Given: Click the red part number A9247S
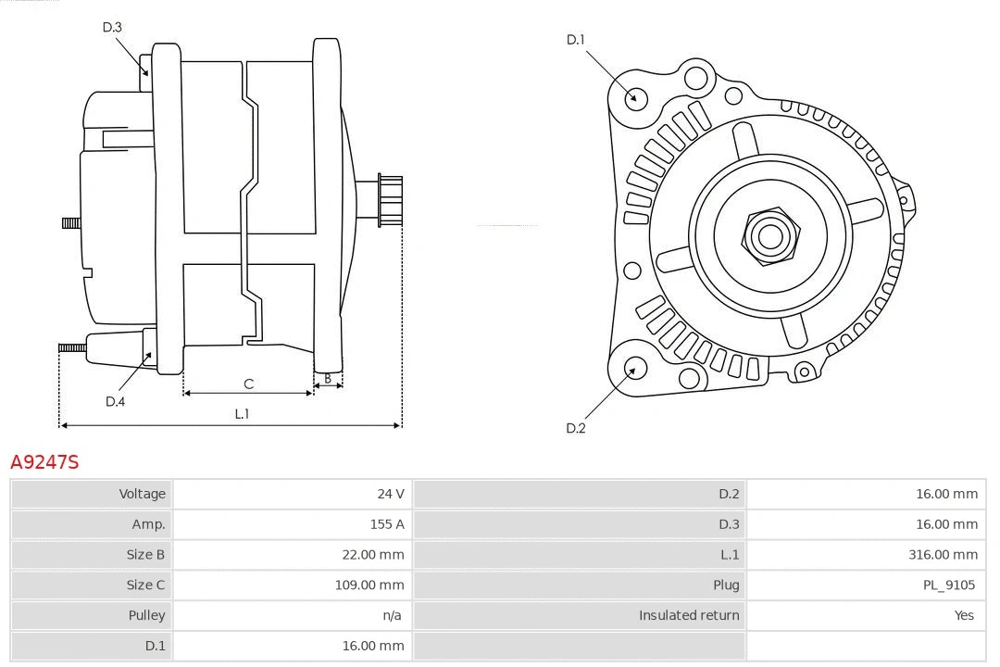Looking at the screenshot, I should (44, 461).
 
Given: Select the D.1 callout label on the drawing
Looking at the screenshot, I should (575, 39).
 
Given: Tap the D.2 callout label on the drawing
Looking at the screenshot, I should (575, 428).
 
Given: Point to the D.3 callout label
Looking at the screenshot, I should (112, 27).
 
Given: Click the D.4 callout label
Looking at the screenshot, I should (115, 401).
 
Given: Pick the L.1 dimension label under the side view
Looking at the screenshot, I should (242, 414).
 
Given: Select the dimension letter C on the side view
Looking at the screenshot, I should (248, 384).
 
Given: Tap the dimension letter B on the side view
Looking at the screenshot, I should (327, 378).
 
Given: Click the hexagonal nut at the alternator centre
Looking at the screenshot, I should (769, 235).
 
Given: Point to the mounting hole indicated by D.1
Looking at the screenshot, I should (635, 96).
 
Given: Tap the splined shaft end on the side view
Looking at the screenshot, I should (390, 200).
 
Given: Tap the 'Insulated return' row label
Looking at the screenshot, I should (689, 615).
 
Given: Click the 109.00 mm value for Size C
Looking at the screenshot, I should (369, 585).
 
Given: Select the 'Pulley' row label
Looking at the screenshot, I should (146, 615).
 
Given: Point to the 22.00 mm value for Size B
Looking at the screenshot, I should (373, 555).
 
